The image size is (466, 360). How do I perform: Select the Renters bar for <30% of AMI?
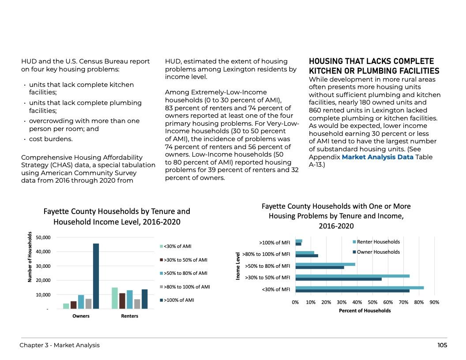(115, 298)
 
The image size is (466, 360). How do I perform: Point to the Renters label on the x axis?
(129, 316)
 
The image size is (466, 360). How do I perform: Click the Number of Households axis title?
(30, 257)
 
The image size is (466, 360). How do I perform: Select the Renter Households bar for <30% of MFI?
(359, 288)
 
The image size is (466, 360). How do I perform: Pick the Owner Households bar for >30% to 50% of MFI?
(338, 279)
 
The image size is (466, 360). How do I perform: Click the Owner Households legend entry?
(378, 252)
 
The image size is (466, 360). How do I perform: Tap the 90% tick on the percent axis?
(434, 303)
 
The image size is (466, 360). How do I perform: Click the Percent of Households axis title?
(365, 311)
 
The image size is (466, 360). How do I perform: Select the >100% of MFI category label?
(274, 242)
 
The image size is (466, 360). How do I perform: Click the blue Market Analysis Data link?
(377, 157)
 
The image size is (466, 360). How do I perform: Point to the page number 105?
(442, 345)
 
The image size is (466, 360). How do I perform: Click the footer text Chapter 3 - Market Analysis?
(60, 345)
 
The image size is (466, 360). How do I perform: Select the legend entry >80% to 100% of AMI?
(187, 287)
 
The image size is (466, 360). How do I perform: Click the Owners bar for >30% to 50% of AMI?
(73, 305)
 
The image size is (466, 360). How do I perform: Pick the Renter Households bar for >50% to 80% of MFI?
(325, 264)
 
